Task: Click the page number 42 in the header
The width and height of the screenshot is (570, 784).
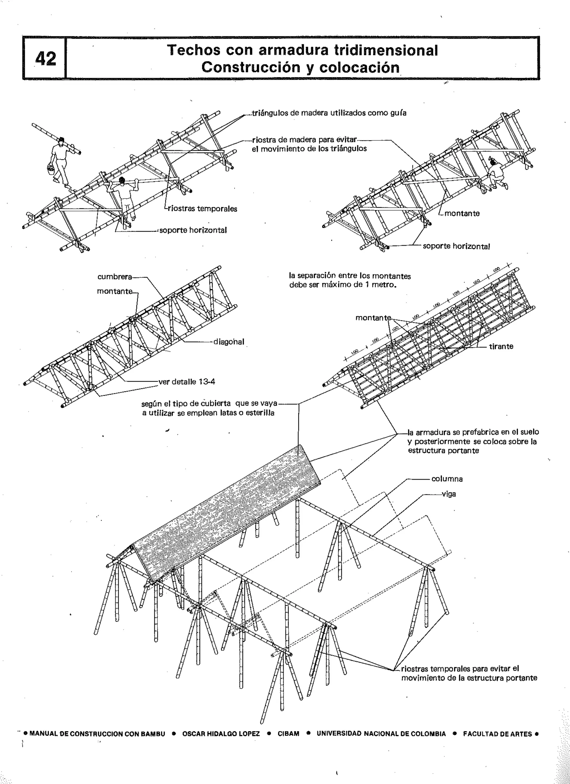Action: click(x=45, y=58)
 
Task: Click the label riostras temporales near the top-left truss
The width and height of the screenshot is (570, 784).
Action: click(x=202, y=209)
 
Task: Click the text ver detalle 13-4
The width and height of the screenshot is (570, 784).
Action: click(x=187, y=382)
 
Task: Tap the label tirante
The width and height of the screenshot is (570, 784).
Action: click(x=501, y=346)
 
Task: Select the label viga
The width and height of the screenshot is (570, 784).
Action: click(x=449, y=494)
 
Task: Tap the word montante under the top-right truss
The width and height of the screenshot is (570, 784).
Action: click(x=462, y=213)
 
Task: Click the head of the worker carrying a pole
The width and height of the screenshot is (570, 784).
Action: click(x=121, y=180)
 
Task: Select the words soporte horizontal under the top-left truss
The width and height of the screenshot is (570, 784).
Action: click(x=193, y=230)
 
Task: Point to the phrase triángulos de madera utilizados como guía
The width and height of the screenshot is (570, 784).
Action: click(x=329, y=113)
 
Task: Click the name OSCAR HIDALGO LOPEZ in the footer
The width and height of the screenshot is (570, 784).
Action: click(x=221, y=734)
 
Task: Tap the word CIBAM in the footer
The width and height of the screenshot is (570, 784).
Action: click(x=288, y=734)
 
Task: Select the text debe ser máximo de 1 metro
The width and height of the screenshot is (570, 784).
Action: click(x=342, y=285)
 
